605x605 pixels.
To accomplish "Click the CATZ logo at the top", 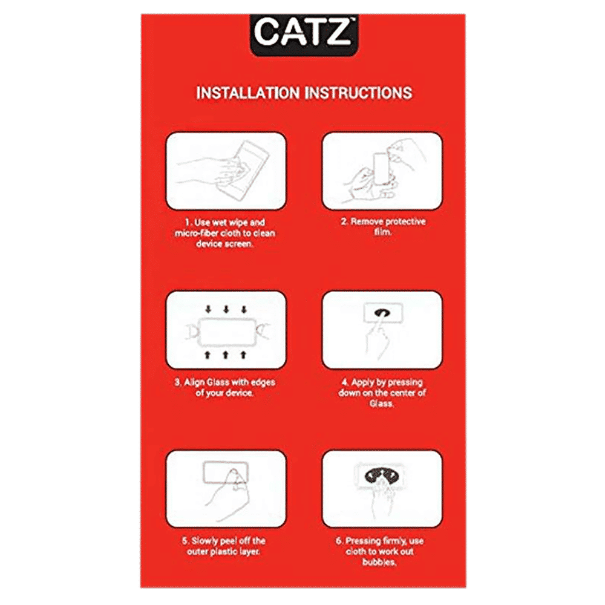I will click(302, 34).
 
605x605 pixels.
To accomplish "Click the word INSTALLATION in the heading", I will click(247, 93).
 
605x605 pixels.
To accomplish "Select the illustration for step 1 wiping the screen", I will click(226, 171).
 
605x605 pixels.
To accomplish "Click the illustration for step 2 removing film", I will click(382, 171).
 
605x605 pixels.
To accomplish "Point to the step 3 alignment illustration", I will click(226, 330).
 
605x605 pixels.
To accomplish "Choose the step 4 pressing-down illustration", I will click(382, 330).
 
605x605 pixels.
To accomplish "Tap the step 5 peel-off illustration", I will click(226, 489).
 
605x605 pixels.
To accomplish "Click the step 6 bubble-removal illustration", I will click(382, 489).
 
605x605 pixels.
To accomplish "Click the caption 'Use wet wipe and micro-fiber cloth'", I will click(226, 233).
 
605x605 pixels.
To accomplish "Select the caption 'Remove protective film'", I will click(382, 227).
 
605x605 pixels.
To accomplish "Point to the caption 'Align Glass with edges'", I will click(226, 387).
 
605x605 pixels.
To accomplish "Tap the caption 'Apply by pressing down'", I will click(382, 393).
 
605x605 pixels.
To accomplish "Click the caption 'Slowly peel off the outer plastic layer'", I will click(226, 546).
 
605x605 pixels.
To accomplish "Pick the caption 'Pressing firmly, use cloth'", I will click(382, 551).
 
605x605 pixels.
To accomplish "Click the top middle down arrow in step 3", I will click(226, 310).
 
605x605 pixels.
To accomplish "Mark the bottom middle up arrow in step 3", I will click(226, 352).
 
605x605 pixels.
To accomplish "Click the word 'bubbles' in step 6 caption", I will click(382, 563).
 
